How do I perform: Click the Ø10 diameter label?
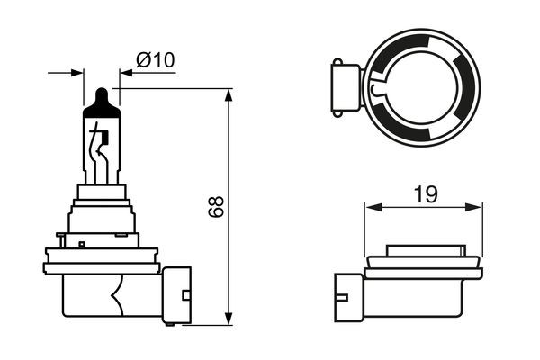pyautogui.click(x=155, y=60)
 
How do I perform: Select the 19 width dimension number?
pyautogui.click(x=426, y=192)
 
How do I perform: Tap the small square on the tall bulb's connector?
pyautogui.click(x=185, y=293)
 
